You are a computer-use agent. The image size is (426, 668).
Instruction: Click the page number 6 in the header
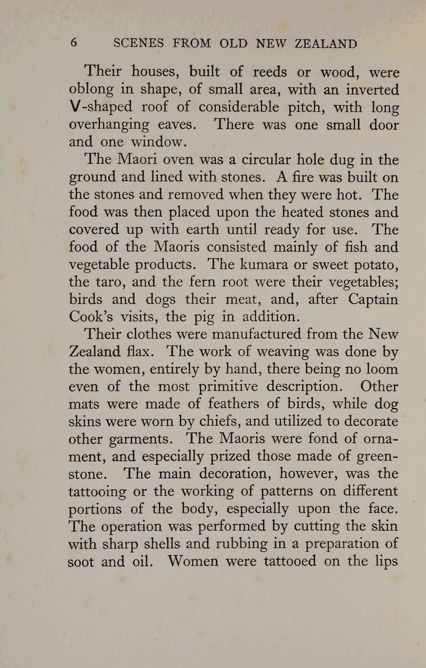tap(74, 43)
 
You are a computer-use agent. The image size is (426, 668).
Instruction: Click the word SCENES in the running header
tap(138, 43)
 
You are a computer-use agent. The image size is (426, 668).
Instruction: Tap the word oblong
tap(91, 90)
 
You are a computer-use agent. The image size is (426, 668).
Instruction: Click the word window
tap(158, 142)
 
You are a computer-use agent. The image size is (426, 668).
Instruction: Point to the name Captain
tap(373, 299)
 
